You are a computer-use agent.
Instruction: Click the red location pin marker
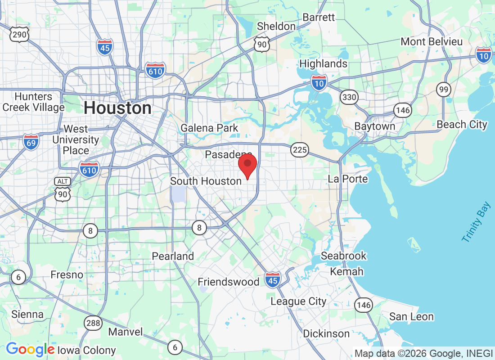click(x=247, y=166)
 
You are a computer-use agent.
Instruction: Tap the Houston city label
click(x=117, y=108)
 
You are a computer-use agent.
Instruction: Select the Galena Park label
click(x=209, y=128)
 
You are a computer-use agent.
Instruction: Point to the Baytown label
click(x=374, y=126)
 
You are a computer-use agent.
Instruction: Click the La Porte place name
click(x=348, y=179)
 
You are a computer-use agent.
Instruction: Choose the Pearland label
click(x=173, y=256)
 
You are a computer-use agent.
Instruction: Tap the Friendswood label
click(x=229, y=282)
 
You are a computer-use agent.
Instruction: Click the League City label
click(x=298, y=301)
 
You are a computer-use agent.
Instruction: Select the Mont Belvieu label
click(x=432, y=42)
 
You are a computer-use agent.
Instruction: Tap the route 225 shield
click(x=299, y=150)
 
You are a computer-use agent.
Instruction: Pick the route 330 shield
click(x=349, y=97)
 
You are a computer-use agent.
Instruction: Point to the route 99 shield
click(x=444, y=90)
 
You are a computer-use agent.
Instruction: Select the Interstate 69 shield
click(x=31, y=142)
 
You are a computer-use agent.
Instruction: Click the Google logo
click(x=30, y=349)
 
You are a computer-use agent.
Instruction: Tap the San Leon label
click(x=411, y=317)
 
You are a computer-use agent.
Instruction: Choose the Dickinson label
click(x=326, y=334)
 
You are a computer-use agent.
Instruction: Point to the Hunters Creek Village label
click(x=34, y=102)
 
